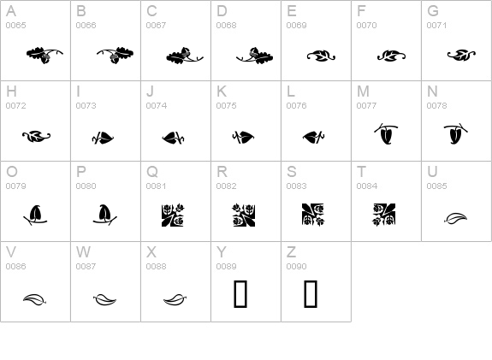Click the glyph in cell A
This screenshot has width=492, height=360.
(x=44, y=56)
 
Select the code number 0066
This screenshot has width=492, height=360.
(x=86, y=25)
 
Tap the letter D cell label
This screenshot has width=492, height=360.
(x=222, y=11)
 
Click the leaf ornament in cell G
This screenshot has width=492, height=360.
(x=461, y=56)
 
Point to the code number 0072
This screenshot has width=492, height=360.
(x=15, y=106)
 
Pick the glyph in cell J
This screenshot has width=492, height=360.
(x=173, y=138)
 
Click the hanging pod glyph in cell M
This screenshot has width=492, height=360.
(x=386, y=133)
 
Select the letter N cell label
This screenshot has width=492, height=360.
(x=432, y=91)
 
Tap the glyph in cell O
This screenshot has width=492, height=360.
(x=35, y=215)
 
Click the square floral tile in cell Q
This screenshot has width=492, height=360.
(x=173, y=215)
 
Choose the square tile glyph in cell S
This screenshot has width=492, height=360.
(x=313, y=215)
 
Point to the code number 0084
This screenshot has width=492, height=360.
(x=367, y=186)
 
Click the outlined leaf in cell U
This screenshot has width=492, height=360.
(x=455, y=218)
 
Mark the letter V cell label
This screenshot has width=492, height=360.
(x=11, y=252)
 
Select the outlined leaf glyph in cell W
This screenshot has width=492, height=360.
(x=104, y=299)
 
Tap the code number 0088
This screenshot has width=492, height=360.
(x=157, y=266)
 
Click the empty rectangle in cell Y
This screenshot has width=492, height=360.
(x=240, y=294)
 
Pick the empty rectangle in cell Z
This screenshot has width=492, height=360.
(x=311, y=294)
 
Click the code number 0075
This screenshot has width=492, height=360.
(x=226, y=106)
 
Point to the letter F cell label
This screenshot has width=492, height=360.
(x=361, y=11)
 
